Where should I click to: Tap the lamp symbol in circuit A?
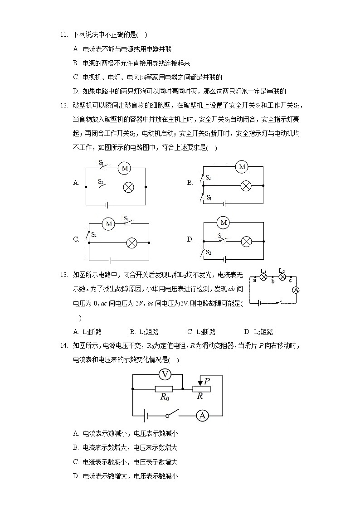click(x=129, y=186)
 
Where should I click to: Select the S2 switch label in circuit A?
click(x=102, y=182)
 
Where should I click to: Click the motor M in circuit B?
click(x=242, y=167)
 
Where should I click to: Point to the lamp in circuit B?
click(x=246, y=185)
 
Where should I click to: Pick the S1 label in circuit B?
click(x=209, y=198)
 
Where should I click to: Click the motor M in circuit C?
click(x=108, y=223)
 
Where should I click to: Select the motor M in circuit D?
click(x=223, y=223)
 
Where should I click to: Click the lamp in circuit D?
click(x=246, y=241)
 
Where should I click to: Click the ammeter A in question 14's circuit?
click(x=203, y=415)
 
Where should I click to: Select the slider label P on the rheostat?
click(x=206, y=381)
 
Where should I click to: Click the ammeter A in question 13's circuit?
click(x=296, y=290)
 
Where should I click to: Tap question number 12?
click(x=63, y=106)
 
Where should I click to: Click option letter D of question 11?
click(x=76, y=91)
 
